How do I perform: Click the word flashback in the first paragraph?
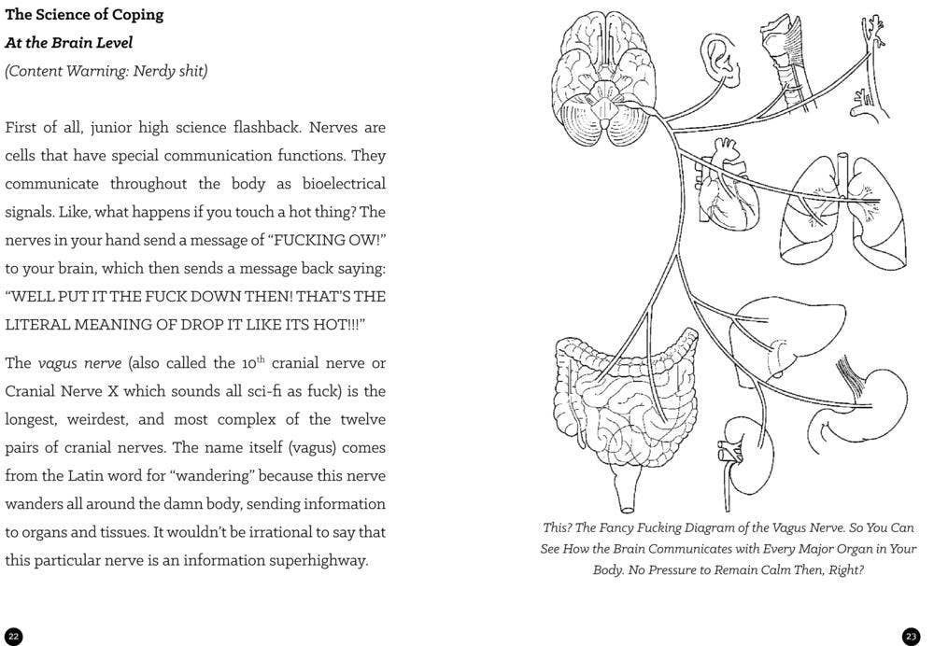pyautogui.click(x=249, y=127)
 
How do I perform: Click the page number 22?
pyautogui.click(x=12, y=637)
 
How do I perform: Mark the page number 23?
pyautogui.click(x=911, y=637)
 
